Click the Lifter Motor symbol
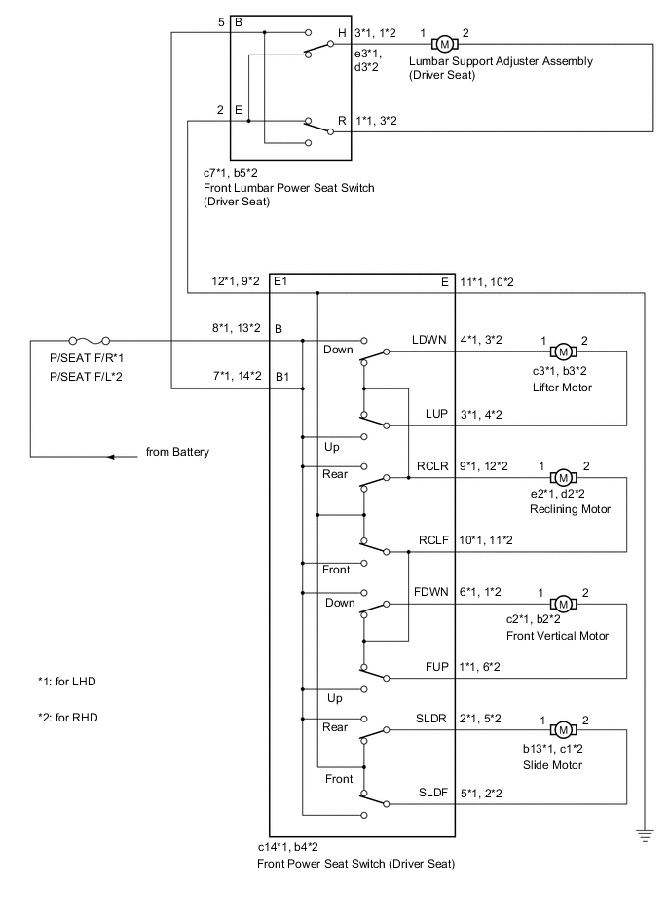click(x=563, y=351)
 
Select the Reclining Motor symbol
click(x=563, y=477)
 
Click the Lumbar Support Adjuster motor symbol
click(x=444, y=43)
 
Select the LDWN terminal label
click(x=428, y=340)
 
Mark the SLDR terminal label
click(x=429, y=719)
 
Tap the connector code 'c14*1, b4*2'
click(x=296, y=848)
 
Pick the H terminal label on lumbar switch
click(x=342, y=33)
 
